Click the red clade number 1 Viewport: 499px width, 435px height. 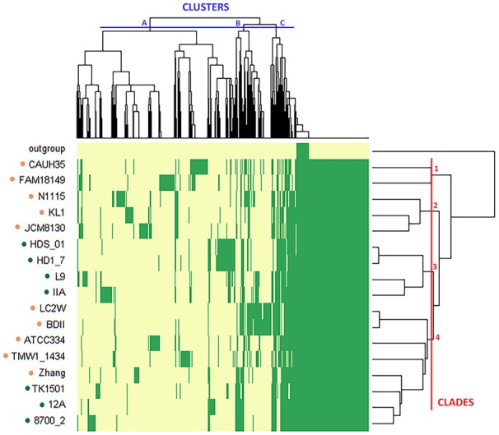436,169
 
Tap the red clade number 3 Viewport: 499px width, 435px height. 436,268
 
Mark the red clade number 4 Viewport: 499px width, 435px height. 437,338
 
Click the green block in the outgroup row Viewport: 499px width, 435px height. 302,148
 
